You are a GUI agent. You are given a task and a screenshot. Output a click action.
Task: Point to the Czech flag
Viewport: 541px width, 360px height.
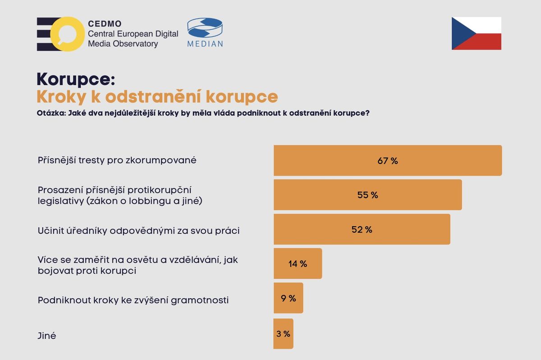pos(476,33)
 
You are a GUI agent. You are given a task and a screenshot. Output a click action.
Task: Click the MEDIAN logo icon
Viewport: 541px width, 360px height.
pos(205,28)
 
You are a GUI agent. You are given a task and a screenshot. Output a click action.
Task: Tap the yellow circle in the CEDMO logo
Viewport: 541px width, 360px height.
pos(66,34)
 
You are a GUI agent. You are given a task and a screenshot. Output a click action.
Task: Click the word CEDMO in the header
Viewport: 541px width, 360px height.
pos(105,23)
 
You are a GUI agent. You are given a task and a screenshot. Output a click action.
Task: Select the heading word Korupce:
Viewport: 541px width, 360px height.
pos(76,78)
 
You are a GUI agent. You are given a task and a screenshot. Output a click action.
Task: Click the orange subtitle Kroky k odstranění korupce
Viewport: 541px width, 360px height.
pos(157,96)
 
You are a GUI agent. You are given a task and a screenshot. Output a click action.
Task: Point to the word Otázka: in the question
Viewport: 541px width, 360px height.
pos(50,114)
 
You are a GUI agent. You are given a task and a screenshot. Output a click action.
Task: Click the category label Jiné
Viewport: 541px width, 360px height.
pos(47,336)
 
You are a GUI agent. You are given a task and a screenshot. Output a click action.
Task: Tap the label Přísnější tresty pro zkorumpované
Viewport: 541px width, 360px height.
pos(117,160)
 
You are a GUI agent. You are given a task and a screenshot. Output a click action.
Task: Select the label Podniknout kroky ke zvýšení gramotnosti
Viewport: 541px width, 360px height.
pos(133,300)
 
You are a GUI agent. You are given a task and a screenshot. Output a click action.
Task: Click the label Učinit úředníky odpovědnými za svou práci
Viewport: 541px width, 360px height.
pos(138,231)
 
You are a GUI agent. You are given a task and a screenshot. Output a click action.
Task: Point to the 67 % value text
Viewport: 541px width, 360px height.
pos(388,161)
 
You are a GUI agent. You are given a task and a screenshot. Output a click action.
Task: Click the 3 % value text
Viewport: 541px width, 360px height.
pos(283,334)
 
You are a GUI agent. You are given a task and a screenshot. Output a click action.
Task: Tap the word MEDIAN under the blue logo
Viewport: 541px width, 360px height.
pos(205,44)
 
